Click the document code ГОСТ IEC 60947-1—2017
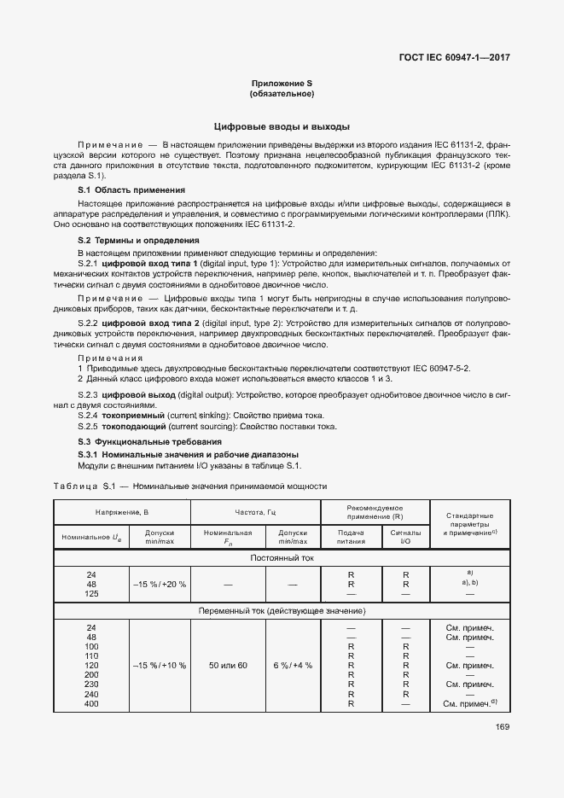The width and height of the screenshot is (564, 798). (460, 58)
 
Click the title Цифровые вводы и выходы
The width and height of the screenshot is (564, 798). (282, 125)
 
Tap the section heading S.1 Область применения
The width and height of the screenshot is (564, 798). (131, 189)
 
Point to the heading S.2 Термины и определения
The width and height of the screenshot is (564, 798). (138, 241)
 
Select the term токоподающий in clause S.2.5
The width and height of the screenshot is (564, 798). (136, 426)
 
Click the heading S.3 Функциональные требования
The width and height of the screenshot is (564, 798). (149, 442)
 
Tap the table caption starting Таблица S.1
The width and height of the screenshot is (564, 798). (190, 486)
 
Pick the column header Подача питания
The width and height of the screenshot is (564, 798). (351, 536)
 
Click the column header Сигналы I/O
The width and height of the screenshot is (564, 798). (405, 536)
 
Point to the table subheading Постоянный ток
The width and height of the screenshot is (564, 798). (282, 557)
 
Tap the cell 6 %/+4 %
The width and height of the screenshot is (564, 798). (293, 665)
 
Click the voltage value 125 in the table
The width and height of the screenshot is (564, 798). (91, 593)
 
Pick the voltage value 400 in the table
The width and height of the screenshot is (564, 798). (91, 704)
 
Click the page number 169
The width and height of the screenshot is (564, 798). (501, 727)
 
